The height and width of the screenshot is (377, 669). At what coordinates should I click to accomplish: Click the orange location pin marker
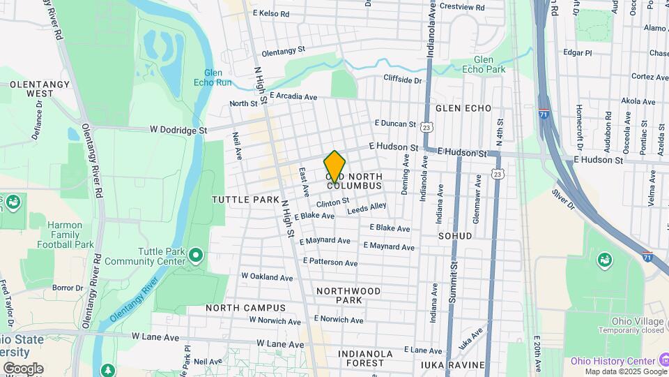(335, 166)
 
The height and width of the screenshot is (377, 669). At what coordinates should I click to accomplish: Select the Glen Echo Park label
(489, 64)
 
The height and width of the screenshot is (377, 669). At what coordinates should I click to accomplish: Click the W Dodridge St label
(178, 130)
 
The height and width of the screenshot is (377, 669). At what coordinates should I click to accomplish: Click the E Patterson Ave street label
(330, 263)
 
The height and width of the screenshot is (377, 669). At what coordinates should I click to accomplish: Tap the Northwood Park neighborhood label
(348, 295)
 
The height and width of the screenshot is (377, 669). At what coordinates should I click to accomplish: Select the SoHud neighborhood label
(455, 236)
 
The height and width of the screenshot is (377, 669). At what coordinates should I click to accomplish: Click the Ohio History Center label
(613, 360)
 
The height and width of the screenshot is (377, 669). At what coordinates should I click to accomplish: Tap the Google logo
(23, 368)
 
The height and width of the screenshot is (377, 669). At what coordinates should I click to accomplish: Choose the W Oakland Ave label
(267, 276)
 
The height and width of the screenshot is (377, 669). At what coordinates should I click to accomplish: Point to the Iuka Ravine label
(452, 364)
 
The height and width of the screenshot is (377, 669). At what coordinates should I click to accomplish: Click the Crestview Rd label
(480, 7)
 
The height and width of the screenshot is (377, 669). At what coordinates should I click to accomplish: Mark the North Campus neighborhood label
(245, 308)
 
